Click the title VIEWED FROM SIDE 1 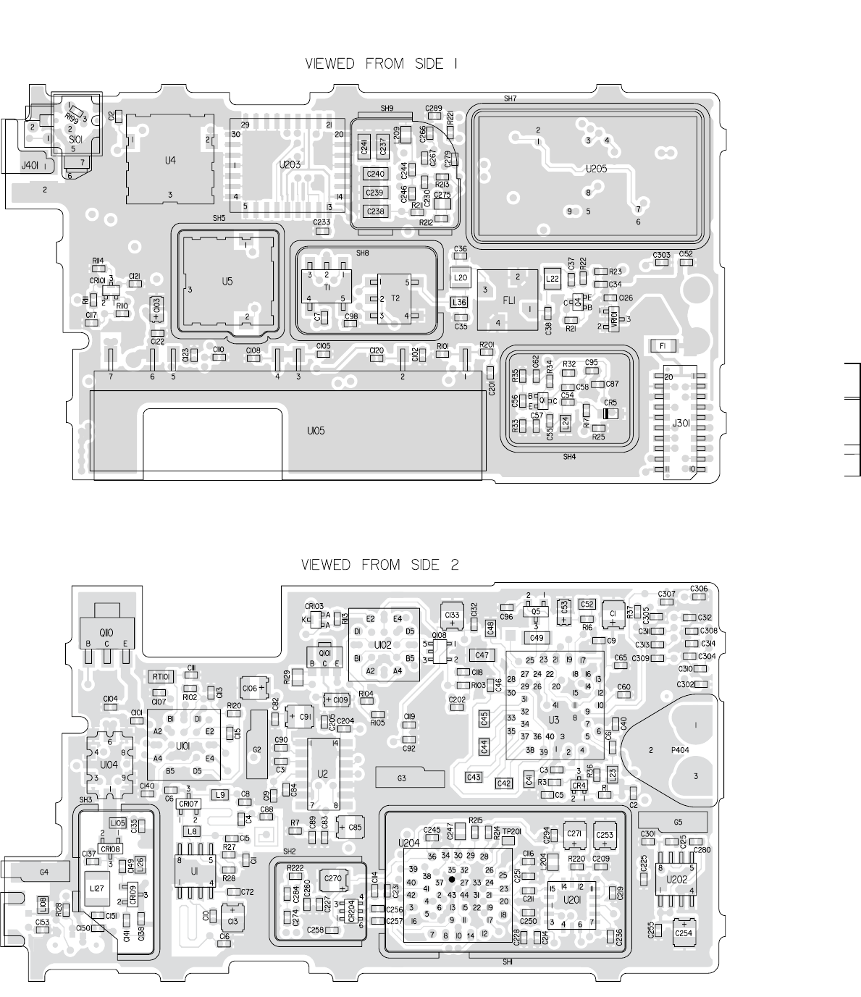(x=380, y=64)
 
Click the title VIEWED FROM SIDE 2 (x=380, y=565)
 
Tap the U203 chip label (x=290, y=165)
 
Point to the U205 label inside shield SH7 (x=596, y=169)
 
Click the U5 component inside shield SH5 (x=227, y=281)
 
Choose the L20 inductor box (x=460, y=277)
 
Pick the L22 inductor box (x=552, y=277)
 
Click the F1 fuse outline (x=663, y=346)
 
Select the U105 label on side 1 (x=315, y=431)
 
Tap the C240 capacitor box (x=375, y=174)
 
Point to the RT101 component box (x=161, y=676)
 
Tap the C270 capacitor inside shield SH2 (x=333, y=878)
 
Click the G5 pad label (x=678, y=822)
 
